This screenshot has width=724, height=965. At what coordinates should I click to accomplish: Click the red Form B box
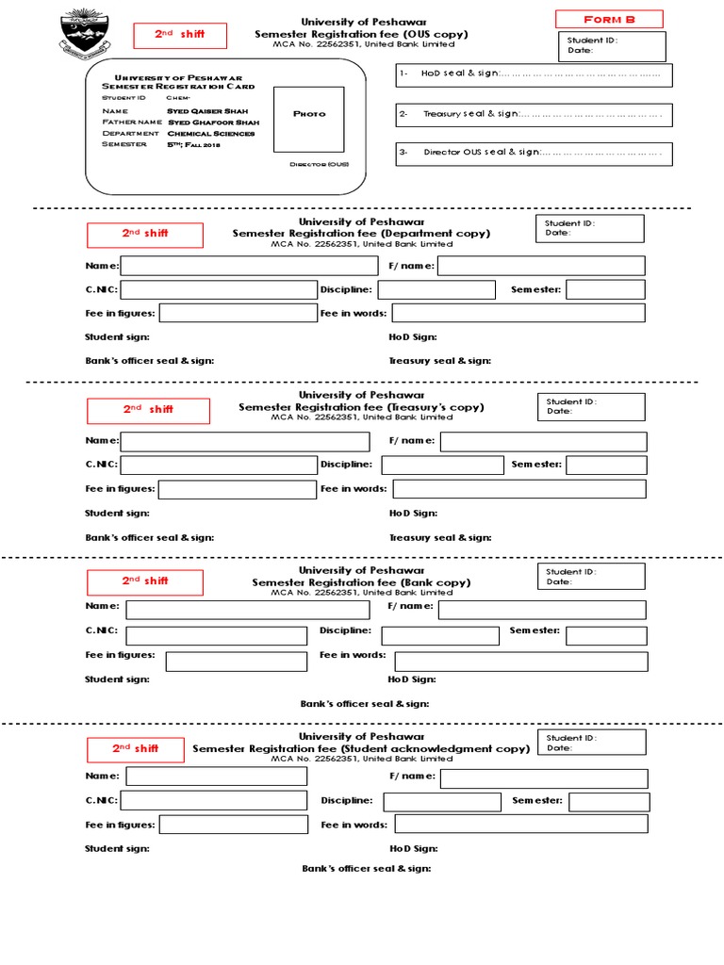coord(609,19)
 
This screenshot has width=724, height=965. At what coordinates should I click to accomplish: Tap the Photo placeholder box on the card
coord(309,118)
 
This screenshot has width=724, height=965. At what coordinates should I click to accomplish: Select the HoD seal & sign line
coord(534,74)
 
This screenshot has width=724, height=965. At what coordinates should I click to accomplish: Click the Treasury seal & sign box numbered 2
coord(534,114)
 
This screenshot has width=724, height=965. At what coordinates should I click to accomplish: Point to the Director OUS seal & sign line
coord(534,153)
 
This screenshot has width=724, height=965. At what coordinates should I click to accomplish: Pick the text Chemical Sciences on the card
coord(211,133)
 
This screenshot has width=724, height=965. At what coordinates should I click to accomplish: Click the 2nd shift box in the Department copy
coord(144,235)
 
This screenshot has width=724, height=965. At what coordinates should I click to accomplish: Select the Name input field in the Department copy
coord(249,266)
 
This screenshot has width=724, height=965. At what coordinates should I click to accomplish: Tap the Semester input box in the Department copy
coord(605,289)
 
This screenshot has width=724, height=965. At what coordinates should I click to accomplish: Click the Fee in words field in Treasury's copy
coord(519,488)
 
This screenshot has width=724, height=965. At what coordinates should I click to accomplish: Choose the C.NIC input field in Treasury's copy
coord(219,464)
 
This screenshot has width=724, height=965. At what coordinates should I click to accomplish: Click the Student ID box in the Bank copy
coord(592,577)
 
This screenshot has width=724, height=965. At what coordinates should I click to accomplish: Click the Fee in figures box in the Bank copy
coord(236,661)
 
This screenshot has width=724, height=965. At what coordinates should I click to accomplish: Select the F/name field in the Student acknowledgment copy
coord(543,777)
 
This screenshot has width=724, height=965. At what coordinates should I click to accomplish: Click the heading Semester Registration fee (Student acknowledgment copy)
coord(361,748)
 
